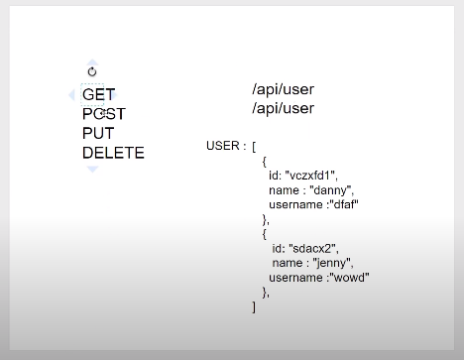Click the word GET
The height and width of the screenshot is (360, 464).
coord(98,95)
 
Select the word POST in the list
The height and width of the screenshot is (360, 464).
coord(104,114)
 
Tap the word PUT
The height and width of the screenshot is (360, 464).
coord(98,133)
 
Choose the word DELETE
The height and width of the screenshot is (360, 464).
coord(113,153)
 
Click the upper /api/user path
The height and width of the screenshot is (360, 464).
coord(283,90)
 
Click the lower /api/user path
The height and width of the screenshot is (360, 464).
coord(283,108)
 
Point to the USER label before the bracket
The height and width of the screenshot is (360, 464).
coord(223,146)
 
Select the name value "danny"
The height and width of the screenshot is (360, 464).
coord(329,189)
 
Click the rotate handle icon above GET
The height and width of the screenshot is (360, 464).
coord(92,71)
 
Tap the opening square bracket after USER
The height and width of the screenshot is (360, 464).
coord(254,146)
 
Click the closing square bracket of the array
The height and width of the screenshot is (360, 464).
coord(254,306)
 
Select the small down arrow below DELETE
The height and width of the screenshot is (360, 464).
coord(92,170)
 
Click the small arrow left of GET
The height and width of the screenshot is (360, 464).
coord(72,95)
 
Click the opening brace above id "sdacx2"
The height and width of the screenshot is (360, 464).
coord(265,234)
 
